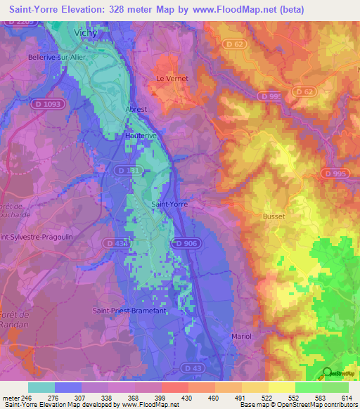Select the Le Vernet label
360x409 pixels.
point(172,79)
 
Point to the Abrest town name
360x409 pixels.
point(136,110)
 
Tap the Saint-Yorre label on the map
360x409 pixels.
point(169,204)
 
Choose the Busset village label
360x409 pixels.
point(274,216)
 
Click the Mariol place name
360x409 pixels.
point(242,337)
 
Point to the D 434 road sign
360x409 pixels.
point(117,243)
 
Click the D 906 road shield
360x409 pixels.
point(186,243)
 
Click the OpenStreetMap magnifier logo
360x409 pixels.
point(327,372)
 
